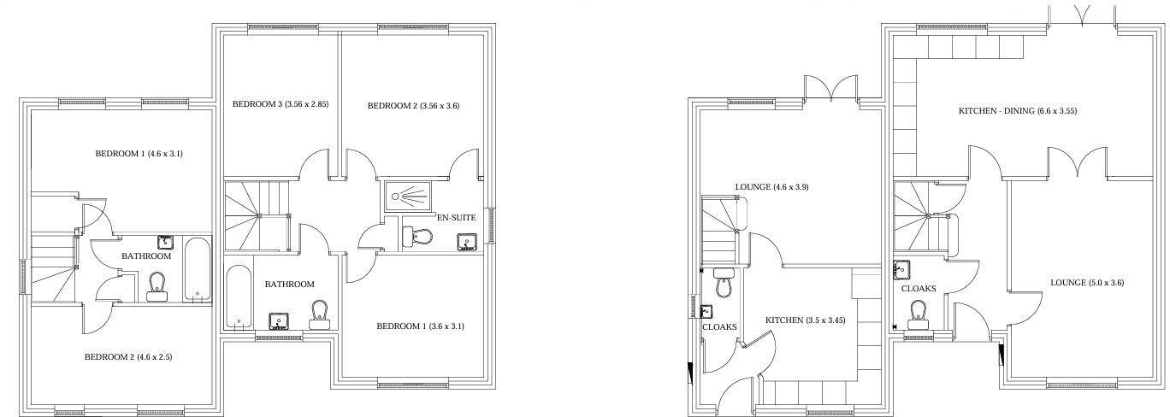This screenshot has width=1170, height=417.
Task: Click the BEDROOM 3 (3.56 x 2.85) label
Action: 281,104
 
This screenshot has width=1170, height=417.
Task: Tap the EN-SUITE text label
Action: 456,218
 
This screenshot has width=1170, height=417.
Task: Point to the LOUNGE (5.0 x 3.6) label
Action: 1086,283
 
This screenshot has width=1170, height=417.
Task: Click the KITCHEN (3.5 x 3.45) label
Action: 805,320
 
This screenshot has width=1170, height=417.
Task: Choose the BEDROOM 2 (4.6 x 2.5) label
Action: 128,357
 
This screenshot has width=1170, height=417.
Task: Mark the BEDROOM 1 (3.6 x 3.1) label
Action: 420,326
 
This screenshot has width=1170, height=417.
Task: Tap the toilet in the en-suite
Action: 417,236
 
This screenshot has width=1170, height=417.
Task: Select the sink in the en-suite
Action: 467,242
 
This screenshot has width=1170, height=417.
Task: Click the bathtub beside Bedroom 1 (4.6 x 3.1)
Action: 197,269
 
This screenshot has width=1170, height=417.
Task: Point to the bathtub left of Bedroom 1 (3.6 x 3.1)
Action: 239,297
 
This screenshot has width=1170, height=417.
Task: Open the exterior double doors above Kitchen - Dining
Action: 1080,17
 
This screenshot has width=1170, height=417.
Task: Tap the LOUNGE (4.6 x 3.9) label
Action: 772,186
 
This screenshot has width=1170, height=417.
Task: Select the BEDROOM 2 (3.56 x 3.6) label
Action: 413,106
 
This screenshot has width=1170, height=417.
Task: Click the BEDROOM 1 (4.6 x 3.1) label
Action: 139,154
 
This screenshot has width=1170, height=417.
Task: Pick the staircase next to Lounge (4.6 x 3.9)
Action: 719,229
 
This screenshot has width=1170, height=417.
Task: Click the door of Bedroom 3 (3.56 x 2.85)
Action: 313,165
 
